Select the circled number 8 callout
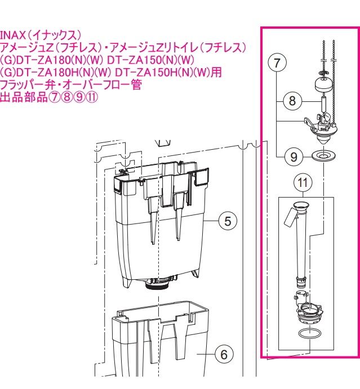(x=292, y=101)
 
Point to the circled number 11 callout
(x=303, y=182)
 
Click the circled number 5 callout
(x=227, y=221)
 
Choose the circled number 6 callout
(x=224, y=354)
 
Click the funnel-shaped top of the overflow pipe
(x=301, y=205)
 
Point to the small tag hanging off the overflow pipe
(x=290, y=215)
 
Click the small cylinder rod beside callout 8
(x=323, y=105)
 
